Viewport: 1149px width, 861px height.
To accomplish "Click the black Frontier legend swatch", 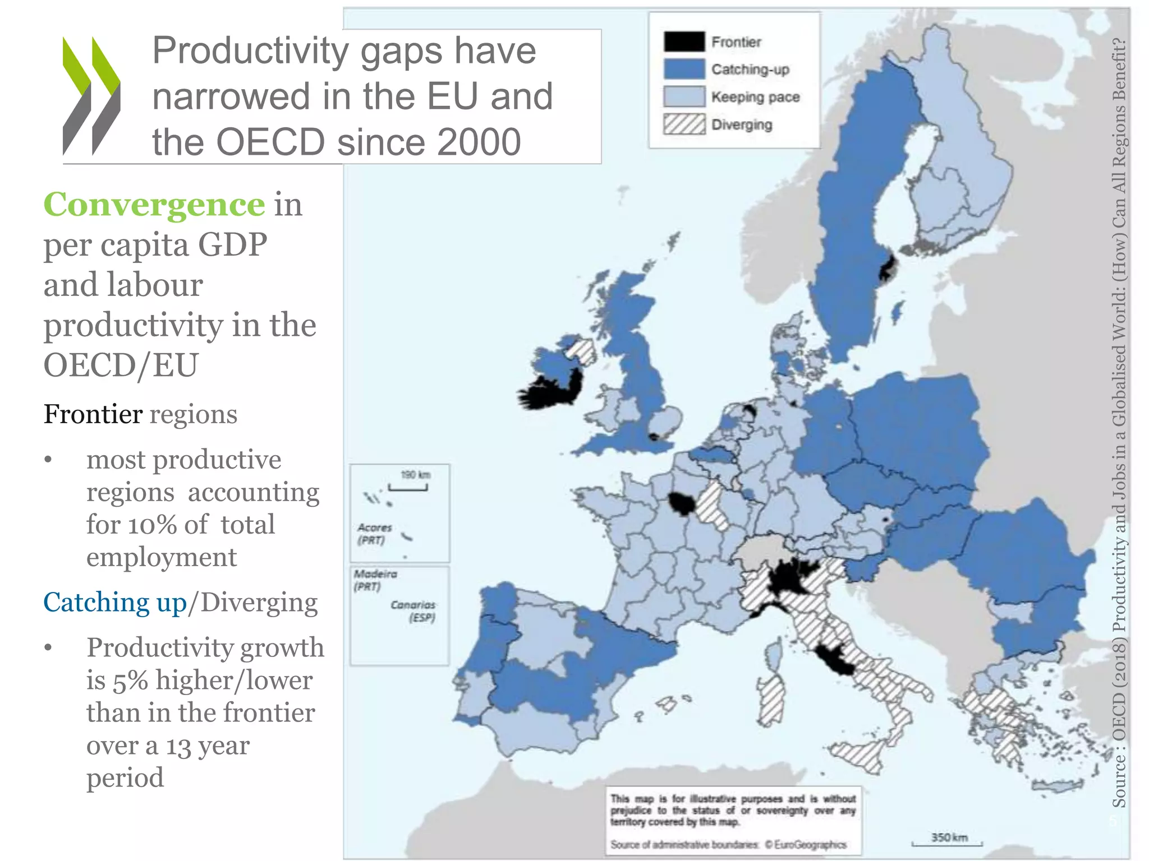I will [684, 42].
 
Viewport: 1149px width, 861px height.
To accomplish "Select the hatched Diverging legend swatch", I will [684, 124].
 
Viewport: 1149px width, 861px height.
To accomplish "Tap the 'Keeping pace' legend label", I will [755, 97].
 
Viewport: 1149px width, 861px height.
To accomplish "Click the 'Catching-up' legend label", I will [750, 70].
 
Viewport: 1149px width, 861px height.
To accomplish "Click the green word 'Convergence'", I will [154, 204].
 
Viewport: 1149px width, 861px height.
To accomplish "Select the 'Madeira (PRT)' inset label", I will [375, 580].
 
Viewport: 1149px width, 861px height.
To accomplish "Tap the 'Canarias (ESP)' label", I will [414, 611].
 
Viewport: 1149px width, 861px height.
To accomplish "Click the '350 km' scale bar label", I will [949, 837].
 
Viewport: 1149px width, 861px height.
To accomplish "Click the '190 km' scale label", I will [415, 475].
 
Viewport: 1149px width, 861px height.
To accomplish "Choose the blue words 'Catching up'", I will [114, 603].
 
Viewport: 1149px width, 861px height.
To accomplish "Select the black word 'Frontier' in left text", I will [93, 414].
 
